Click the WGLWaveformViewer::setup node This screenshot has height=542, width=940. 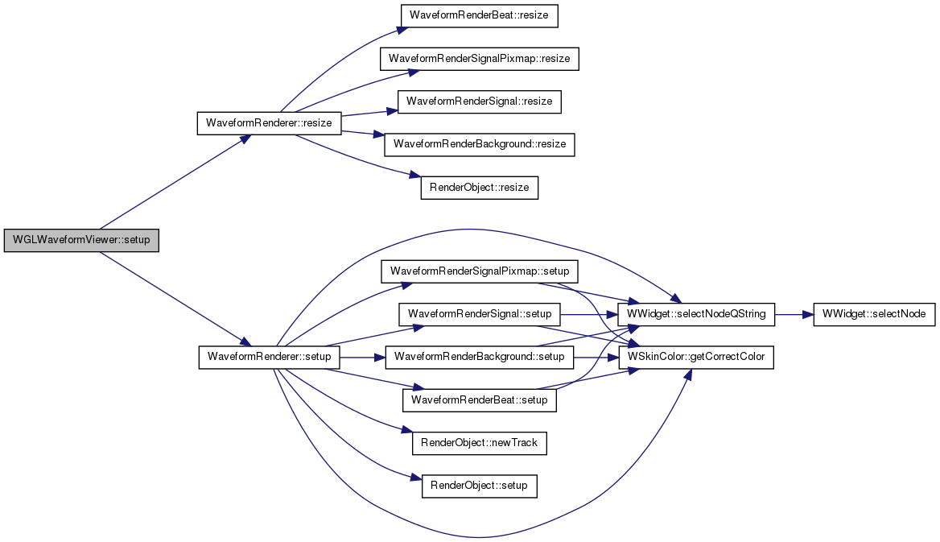[81, 240]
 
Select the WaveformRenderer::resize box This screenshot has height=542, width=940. [269, 123]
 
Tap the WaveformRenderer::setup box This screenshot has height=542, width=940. [269, 357]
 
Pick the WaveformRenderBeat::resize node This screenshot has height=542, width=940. [479, 15]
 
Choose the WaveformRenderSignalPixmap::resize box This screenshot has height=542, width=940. [480, 59]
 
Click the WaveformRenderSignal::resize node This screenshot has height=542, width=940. [480, 101]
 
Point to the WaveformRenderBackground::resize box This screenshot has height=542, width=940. [480, 145]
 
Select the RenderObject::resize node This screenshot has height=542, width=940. [480, 188]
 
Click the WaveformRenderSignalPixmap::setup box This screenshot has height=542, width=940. [480, 271]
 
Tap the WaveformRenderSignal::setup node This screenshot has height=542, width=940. [480, 314]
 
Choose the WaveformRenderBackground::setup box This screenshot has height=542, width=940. [480, 357]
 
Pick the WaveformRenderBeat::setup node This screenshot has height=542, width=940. [480, 400]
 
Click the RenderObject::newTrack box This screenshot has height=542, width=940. [480, 443]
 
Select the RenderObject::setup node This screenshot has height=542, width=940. [480, 486]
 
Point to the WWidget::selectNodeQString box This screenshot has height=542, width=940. [696, 314]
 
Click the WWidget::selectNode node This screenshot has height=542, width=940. [874, 314]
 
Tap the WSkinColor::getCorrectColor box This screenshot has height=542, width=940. [696, 357]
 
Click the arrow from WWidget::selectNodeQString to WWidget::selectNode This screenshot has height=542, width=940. [794, 314]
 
